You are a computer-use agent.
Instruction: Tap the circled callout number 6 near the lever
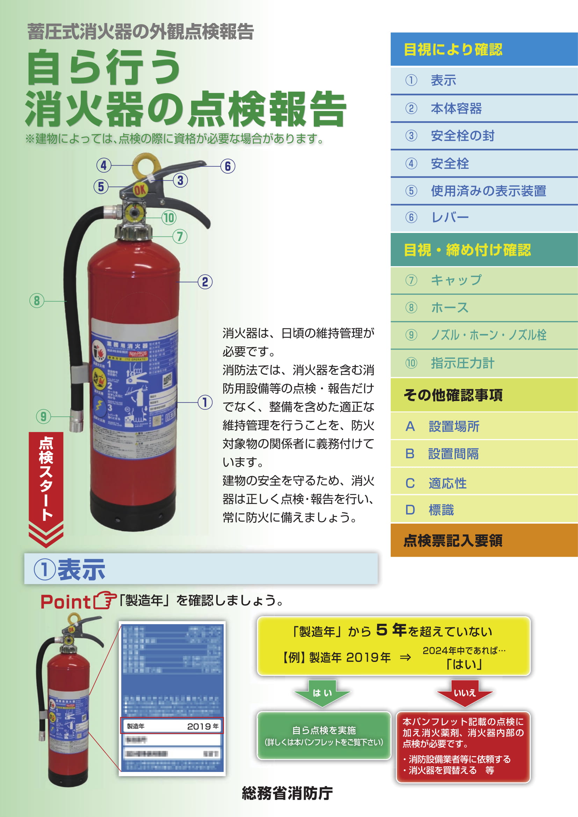point(228,166)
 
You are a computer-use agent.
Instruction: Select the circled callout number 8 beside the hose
point(37,301)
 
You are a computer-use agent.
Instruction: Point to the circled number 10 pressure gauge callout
point(169,218)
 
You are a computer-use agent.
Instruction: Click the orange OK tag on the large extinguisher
point(139,190)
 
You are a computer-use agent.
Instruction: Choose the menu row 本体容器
point(484,108)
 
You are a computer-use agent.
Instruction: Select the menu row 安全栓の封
point(484,136)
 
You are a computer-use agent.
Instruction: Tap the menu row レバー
point(484,217)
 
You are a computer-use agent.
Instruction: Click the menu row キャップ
point(484,280)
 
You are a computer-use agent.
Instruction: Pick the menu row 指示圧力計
point(484,363)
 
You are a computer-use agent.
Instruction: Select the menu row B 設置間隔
point(484,454)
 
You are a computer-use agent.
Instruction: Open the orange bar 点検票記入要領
point(484,540)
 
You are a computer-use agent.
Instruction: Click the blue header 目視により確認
point(484,50)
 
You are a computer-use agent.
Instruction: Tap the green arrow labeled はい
point(322,692)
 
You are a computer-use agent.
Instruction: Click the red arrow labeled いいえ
point(464,692)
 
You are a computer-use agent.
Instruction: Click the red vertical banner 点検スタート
point(46,479)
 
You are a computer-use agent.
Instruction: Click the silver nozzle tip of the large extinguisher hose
point(77,423)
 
